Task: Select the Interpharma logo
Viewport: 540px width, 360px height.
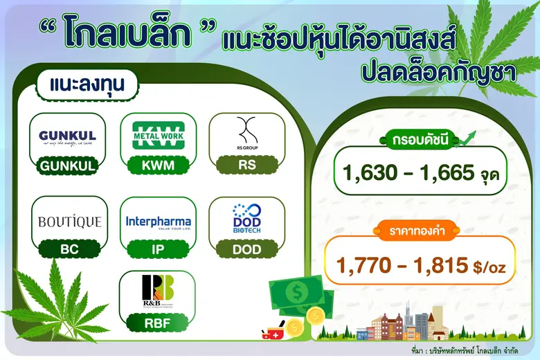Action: point(159,222)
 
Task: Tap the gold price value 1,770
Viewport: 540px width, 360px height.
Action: point(364,264)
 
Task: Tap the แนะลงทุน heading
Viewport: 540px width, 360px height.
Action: point(85,85)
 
